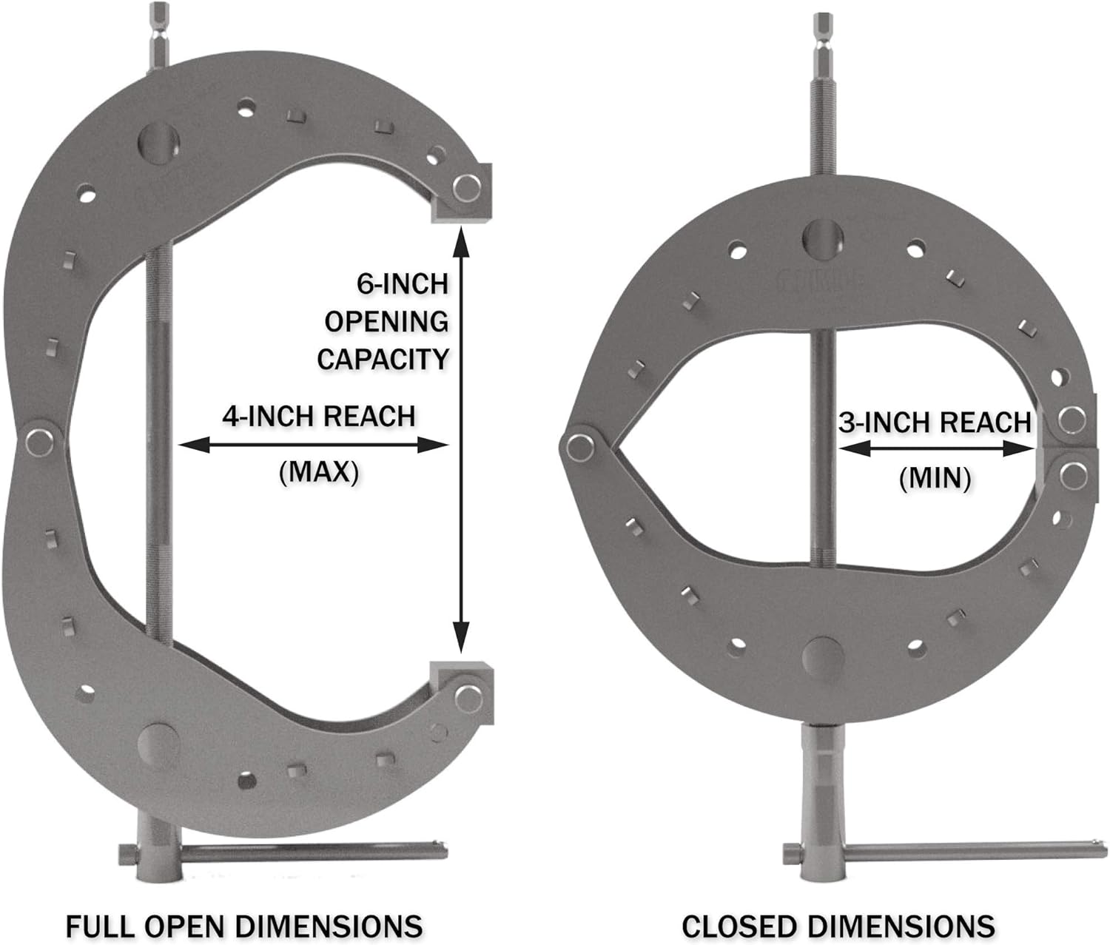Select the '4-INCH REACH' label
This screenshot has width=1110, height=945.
click(319, 417)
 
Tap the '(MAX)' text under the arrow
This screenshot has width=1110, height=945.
click(319, 471)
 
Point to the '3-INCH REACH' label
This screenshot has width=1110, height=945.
click(935, 423)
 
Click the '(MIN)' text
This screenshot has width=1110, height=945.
click(935, 479)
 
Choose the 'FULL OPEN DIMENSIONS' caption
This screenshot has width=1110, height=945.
click(244, 920)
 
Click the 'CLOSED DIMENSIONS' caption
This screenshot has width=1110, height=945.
click(838, 920)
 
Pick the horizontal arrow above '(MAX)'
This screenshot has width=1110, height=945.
click(314, 445)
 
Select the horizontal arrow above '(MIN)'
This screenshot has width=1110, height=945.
click(935, 448)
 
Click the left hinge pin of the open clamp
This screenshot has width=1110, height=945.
click(37, 443)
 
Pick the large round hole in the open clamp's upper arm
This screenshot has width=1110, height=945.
click(158, 141)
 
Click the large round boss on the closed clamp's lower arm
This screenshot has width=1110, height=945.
click(822, 656)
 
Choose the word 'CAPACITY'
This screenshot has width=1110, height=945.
click(383, 359)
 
